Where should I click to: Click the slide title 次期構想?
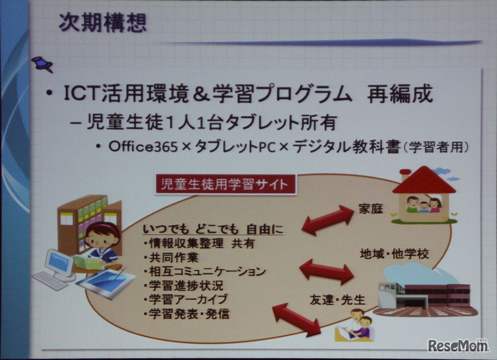[x=103, y=23]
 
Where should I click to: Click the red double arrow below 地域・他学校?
[x=326, y=271]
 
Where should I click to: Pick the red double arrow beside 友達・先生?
[x=296, y=318]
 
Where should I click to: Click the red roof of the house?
[x=424, y=180]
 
